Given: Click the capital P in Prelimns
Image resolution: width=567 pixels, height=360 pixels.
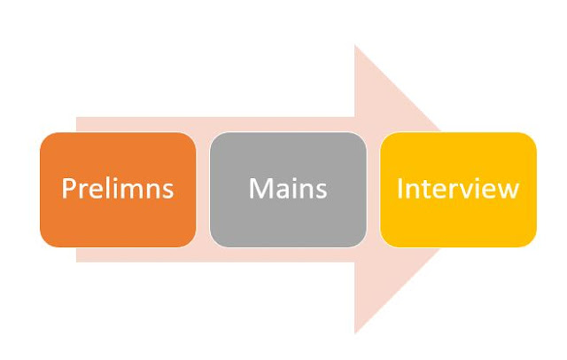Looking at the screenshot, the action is click(67, 189).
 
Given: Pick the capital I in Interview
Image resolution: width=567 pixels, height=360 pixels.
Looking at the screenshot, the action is click(400, 189).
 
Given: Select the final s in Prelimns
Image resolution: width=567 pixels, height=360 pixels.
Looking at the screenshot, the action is click(167, 191).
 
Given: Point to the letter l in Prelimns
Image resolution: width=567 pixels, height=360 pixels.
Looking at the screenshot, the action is click(105, 188).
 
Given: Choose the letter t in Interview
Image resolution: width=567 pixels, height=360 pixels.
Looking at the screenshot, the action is click(424, 189).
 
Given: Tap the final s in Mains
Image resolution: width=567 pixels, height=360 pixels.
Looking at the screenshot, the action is click(321, 191).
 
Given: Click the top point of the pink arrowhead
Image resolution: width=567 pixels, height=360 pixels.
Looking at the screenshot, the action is click(355, 46).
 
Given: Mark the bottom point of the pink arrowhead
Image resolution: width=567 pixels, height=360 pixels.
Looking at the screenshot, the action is click(355, 333).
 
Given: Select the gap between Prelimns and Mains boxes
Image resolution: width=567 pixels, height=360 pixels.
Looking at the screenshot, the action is click(203, 190).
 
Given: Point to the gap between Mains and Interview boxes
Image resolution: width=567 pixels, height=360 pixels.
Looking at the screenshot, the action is click(373, 190).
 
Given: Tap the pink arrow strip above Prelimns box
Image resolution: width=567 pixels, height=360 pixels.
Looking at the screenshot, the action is click(133, 124).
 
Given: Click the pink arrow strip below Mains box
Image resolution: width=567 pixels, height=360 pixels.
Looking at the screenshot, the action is click(288, 255).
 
